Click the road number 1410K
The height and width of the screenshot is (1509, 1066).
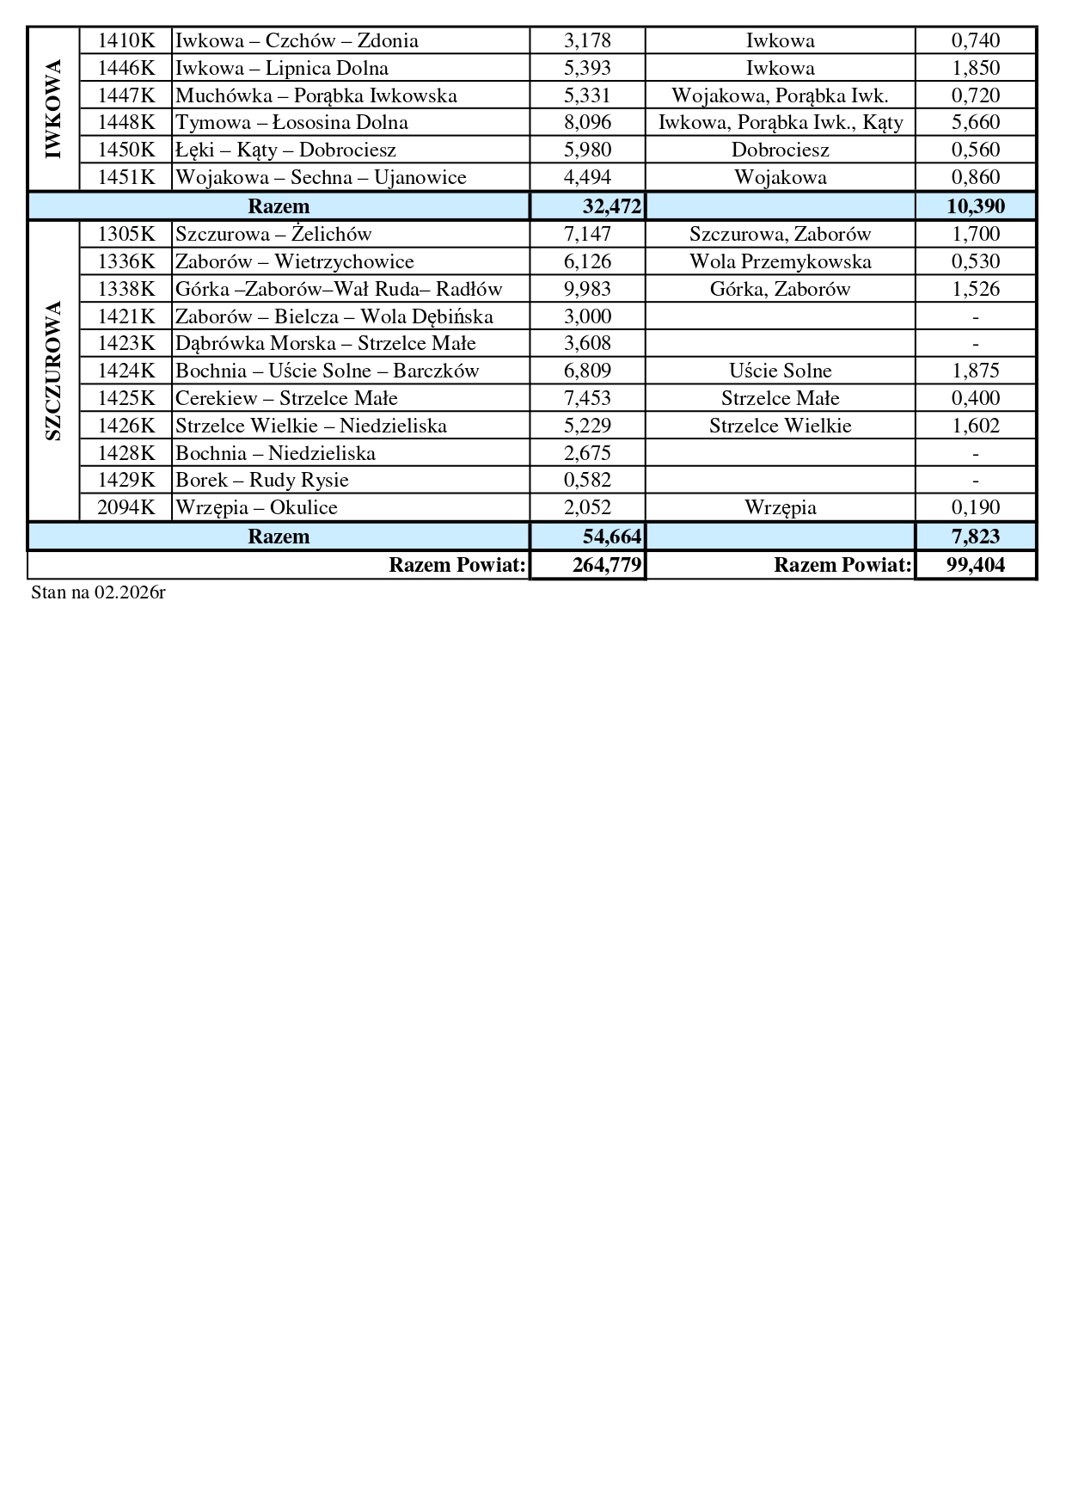[x=126, y=40]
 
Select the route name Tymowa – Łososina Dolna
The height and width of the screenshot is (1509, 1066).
[x=291, y=123]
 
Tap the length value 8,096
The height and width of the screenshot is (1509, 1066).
[x=587, y=123]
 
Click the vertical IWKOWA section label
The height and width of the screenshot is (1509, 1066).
[x=53, y=109]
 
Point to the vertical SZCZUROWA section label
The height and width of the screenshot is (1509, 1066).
[x=53, y=371]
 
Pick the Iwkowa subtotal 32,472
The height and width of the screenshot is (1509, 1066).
[x=611, y=206]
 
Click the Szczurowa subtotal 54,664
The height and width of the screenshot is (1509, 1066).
[x=611, y=537]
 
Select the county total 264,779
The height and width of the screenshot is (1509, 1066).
[x=607, y=565]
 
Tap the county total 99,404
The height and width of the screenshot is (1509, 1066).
[x=975, y=565]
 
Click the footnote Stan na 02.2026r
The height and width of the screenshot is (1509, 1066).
[x=98, y=592]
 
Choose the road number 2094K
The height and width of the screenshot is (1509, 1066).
[x=126, y=507]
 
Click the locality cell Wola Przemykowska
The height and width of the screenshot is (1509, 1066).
[x=780, y=261]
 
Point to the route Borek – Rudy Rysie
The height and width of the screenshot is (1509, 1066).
[x=262, y=480]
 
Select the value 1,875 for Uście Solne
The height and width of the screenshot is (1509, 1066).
[x=975, y=371]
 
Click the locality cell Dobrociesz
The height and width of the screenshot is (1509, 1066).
[x=780, y=150]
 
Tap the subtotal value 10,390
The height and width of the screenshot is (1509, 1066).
[x=975, y=206]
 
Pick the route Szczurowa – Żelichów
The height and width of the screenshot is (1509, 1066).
[x=273, y=234]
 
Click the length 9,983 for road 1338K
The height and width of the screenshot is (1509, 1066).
[x=587, y=289]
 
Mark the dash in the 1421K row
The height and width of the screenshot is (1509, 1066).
[x=975, y=317]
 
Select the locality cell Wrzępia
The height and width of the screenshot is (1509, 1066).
[x=780, y=507]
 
